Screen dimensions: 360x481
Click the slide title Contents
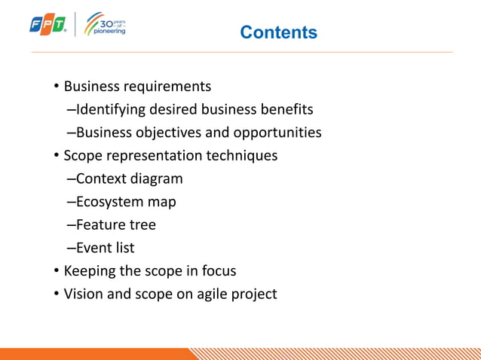pyautogui.click(x=278, y=32)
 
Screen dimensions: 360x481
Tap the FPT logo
pyautogui.click(x=48, y=25)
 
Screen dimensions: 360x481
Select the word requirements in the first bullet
pyautogui.click(x=167, y=87)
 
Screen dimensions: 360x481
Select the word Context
pyautogui.click(x=101, y=178)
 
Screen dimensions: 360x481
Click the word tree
pyautogui.click(x=142, y=224)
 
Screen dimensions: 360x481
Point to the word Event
pyautogui.click(x=94, y=247)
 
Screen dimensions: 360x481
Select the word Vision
pyautogui.click(x=84, y=293)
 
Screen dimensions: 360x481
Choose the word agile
pyautogui.click(x=213, y=294)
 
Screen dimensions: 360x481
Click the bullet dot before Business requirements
pyautogui.click(x=56, y=87)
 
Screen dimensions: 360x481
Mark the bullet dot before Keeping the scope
pyautogui.click(x=56, y=270)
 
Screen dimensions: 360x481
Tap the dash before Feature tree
pyautogui.click(x=71, y=224)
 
